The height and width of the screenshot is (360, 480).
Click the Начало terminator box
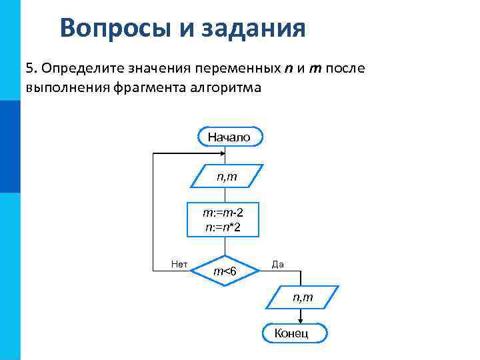tap(229, 137)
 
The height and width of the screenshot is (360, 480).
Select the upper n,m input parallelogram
tap(227, 177)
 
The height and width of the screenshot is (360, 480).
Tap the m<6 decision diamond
tap(225, 271)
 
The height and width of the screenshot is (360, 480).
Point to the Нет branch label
tap(179, 265)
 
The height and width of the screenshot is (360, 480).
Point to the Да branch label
tap(277, 265)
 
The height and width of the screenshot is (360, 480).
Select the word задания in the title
tap(257, 28)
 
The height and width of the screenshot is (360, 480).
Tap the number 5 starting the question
tap(29, 69)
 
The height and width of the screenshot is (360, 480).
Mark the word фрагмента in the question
tap(154, 87)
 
